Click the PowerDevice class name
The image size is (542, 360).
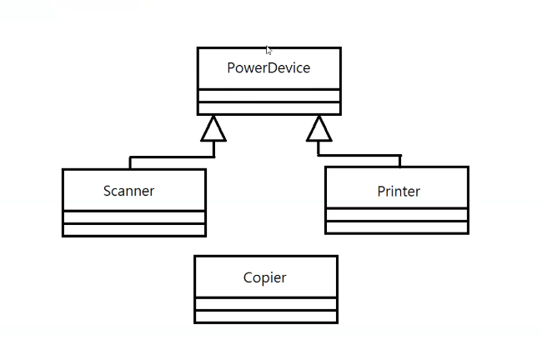point(268,68)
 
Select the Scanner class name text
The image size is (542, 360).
point(128,191)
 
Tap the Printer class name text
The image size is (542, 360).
point(399,192)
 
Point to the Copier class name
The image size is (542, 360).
point(265,278)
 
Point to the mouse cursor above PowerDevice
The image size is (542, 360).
point(268,50)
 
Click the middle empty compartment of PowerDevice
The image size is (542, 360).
point(268,95)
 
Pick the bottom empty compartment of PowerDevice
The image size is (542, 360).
point(268,108)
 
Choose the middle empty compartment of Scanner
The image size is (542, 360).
point(133,217)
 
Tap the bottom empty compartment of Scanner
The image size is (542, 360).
point(133,230)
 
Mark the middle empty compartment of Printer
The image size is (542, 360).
point(396,215)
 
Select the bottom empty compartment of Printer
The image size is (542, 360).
point(396,227)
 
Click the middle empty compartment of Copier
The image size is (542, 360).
point(265,303)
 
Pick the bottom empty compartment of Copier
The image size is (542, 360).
point(265,316)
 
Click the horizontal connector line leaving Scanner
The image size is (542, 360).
point(171,156)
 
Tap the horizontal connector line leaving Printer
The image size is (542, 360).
point(359,155)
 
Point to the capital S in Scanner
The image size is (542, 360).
point(108,191)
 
